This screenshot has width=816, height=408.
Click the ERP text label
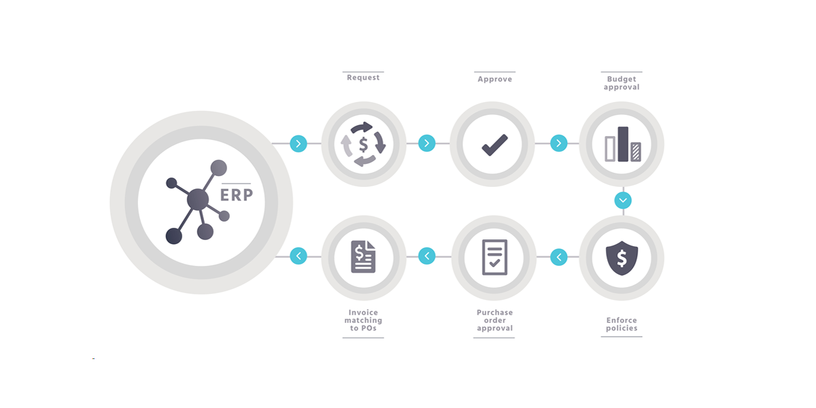(x=237, y=194)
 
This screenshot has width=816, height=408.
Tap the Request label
(x=363, y=78)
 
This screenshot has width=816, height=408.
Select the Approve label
(x=495, y=79)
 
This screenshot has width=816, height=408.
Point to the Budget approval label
(x=622, y=83)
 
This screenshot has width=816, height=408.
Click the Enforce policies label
(x=622, y=324)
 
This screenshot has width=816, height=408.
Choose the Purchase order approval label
(x=495, y=320)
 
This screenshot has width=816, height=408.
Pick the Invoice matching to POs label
(x=363, y=320)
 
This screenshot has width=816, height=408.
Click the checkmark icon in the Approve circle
(x=495, y=145)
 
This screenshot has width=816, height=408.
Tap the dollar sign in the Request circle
(x=363, y=144)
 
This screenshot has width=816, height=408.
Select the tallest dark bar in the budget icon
(x=623, y=144)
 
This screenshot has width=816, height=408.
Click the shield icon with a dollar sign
(x=622, y=258)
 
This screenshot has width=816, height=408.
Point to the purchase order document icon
(x=495, y=257)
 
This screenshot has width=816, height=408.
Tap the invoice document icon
(x=363, y=256)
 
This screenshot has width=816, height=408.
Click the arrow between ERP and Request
(x=299, y=143)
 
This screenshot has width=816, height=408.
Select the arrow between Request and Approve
(x=426, y=143)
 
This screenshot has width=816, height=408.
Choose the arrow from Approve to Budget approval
(x=559, y=143)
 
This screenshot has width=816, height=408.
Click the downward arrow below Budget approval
(x=623, y=201)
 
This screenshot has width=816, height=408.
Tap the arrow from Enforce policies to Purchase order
(x=559, y=257)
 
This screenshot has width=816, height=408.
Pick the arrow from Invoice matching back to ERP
(x=299, y=256)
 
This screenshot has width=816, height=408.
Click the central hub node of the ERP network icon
(x=198, y=200)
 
